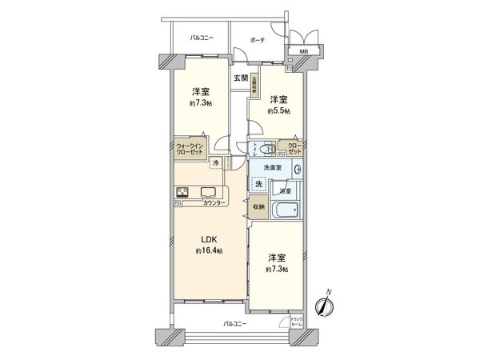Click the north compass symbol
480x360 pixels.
[x=323, y=305]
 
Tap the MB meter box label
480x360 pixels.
[x=304, y=53]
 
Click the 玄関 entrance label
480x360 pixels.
[x=240, y=78]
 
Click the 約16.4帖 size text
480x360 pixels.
[x=207, y=251]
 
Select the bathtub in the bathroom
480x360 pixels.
[x=284, y=212]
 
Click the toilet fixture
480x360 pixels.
[x=267, y=150]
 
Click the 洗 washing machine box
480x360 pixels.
[x=258, y=184]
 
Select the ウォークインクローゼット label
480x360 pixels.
[x=191, y=148]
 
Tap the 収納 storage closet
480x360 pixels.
[x=259, y=206]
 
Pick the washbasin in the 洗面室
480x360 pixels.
[x=297, y=169]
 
